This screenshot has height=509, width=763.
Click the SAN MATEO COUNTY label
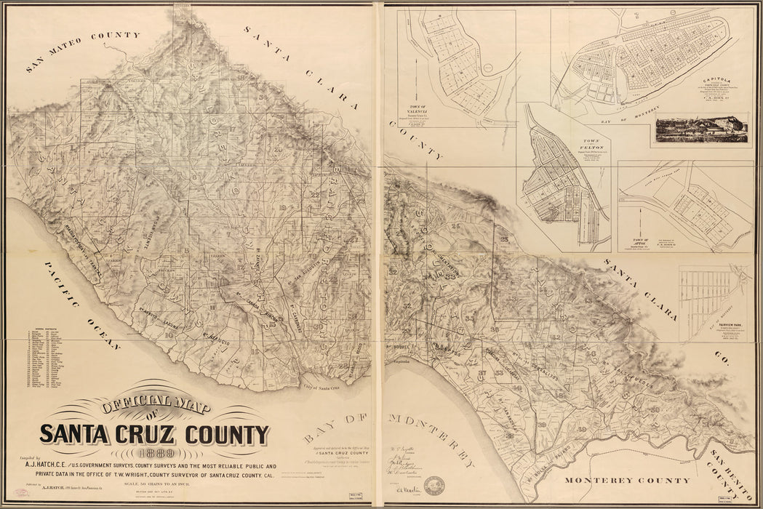(x=82, y=52)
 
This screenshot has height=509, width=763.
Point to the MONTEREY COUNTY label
(x=628, y=481)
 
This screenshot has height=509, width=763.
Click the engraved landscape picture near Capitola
(x=701, y=128)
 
